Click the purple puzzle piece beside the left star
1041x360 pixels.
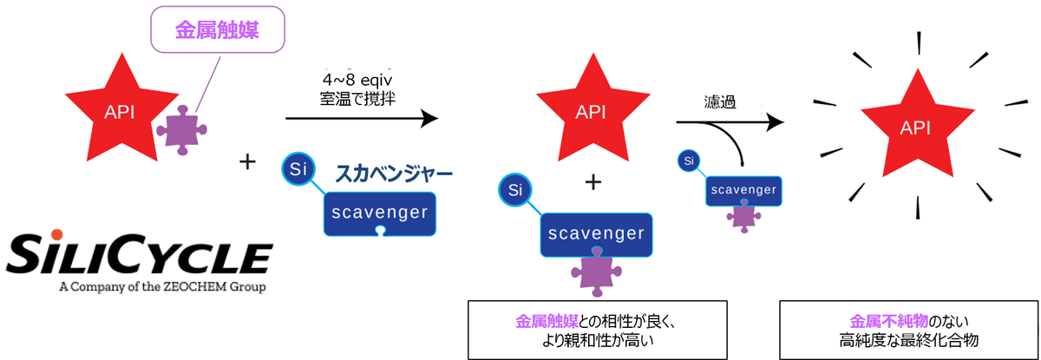(x=181, y=130)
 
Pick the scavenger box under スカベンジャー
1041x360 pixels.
(x=379, y=213)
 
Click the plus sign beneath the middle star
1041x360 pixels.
(x=593, y=182)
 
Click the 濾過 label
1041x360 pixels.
(x=721, y=101)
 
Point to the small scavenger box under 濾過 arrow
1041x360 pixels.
(x=741, y=190)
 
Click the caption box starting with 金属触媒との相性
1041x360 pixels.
(x=597, y=330)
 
